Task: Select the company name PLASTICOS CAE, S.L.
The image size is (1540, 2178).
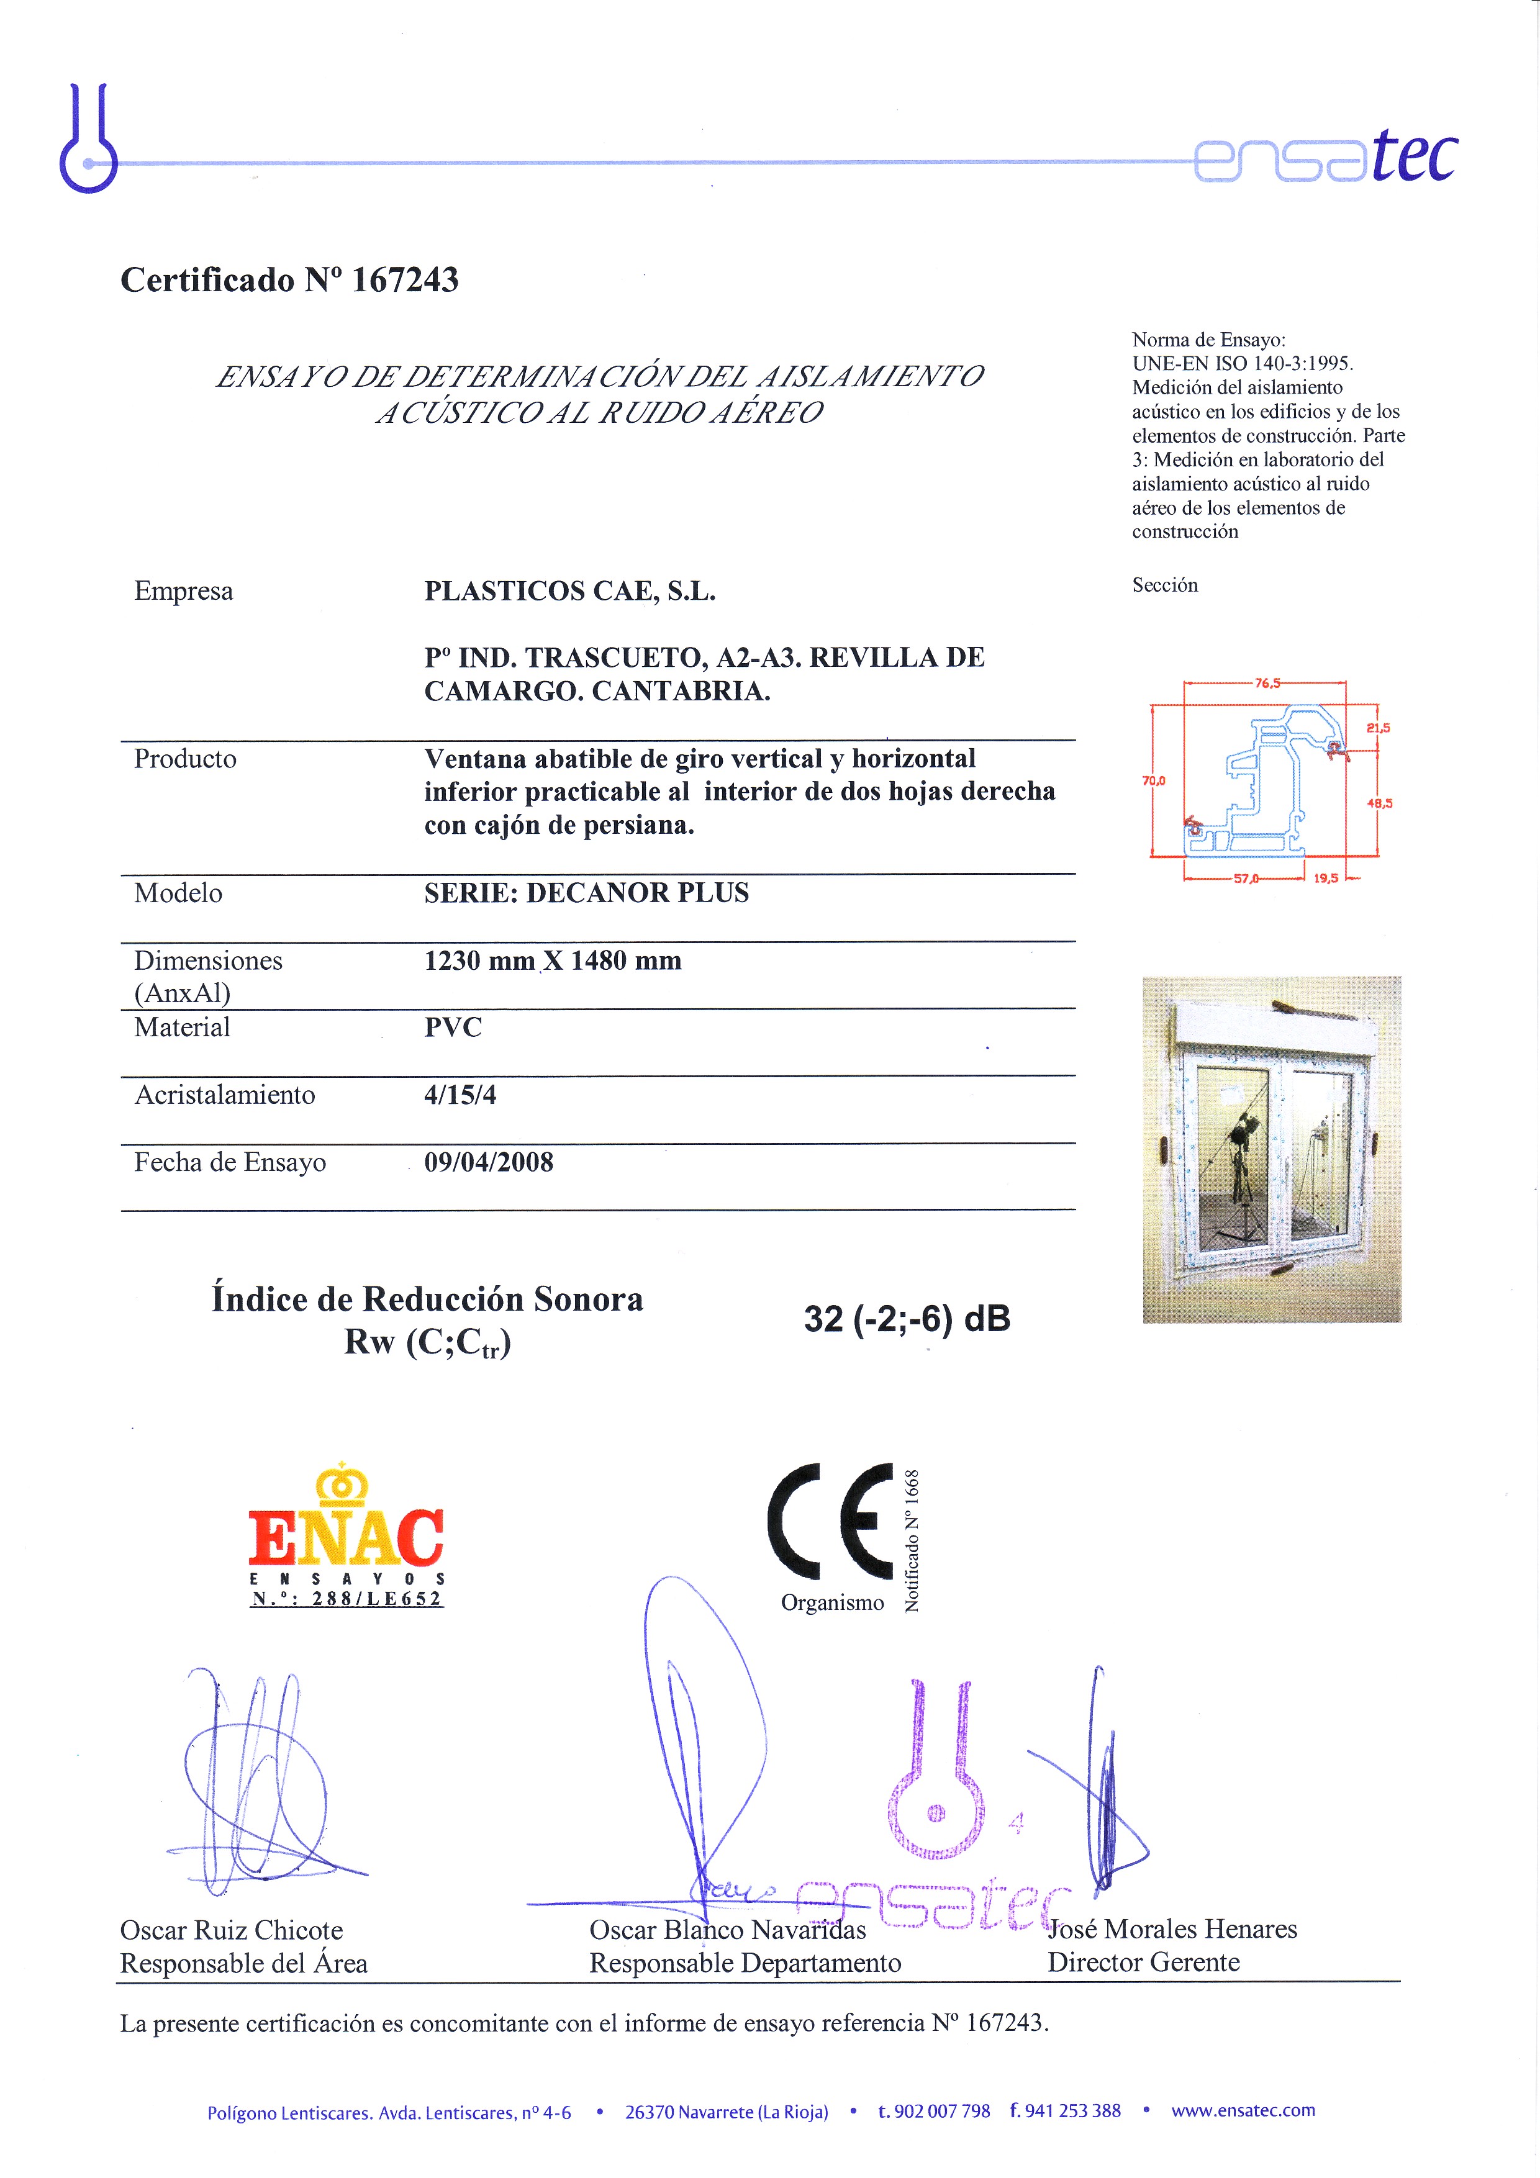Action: click(569, 591)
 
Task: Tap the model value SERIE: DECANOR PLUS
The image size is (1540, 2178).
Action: click(586, 893)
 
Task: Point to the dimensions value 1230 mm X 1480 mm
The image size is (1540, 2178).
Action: click(552, 961)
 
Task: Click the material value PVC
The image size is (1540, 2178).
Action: click(453, 1028)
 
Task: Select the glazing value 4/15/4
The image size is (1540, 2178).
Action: click(460, 1095)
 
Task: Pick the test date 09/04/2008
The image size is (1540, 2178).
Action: click(489, 1162)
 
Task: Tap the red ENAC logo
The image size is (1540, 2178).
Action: click(346, 1537)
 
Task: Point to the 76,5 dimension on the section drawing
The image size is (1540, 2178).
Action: click(1267, 683)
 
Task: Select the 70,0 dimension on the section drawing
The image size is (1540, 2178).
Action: click(1154, 780)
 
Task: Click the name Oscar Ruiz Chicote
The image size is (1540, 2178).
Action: click(232, 1930)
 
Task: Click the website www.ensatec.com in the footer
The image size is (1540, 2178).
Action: click(1243, 2111)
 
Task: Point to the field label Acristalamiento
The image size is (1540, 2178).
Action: click(225, 1095)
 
